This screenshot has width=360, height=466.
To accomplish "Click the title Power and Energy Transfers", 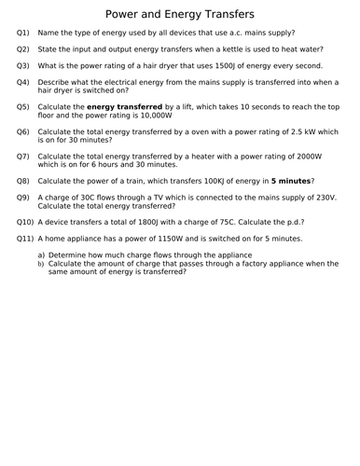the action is pos(179,14).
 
